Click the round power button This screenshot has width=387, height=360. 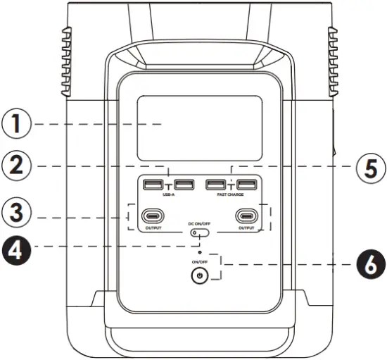click(201, 276)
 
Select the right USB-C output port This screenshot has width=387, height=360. click(246, 216)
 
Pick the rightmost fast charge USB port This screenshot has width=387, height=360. click(246, 185)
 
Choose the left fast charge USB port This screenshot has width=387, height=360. click(215, 185)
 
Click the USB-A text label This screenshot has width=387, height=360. click(168, 194)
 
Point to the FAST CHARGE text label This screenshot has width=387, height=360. click(230, 195)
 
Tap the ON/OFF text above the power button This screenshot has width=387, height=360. click(201, 261)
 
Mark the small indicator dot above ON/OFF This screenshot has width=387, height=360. click(201, 251)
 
